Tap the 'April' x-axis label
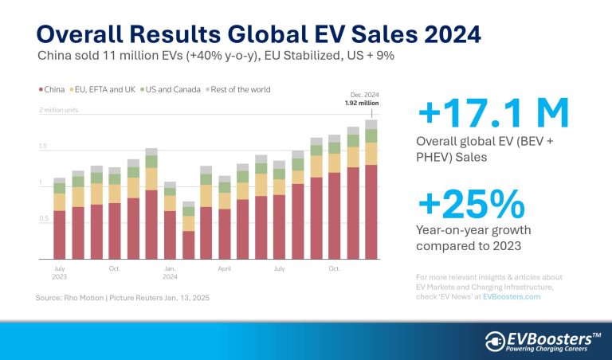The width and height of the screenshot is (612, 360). pyautogui.click(x=225, y=269)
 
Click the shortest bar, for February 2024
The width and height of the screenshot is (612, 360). pyautogui.click(x=188, y=231)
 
